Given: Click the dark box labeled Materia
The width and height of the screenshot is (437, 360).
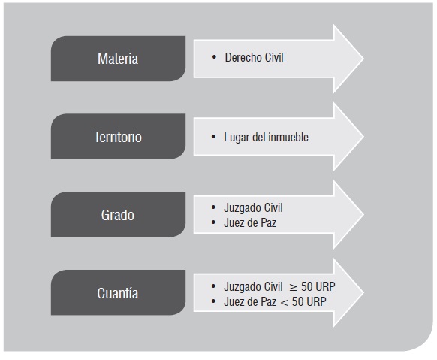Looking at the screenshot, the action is point(118,59).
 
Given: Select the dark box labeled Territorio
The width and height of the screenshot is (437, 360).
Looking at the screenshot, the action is point(118,136).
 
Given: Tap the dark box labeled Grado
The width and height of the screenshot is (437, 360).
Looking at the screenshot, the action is point(118,214).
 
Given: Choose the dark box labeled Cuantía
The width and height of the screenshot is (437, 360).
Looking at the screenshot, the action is point(118,292).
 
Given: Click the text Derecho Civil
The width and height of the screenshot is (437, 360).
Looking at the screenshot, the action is point(255,57).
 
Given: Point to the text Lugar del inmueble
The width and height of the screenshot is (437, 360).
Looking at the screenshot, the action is point(266,138).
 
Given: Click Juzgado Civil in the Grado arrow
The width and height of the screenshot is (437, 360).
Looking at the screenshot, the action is point(253,208).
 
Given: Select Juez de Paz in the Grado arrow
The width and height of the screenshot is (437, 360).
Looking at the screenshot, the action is point(250,222).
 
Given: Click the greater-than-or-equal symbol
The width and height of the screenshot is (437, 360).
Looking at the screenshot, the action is point(293,288).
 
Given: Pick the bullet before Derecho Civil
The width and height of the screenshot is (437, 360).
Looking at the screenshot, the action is point(214,57).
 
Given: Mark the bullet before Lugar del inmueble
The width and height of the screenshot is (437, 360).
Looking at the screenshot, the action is point(213,137).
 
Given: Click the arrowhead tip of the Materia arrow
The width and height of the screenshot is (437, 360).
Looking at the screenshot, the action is point(363,59).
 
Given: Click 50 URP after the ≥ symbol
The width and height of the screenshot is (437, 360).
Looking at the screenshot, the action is point(318,286).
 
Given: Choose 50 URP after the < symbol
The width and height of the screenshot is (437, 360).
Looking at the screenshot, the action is point(309,301).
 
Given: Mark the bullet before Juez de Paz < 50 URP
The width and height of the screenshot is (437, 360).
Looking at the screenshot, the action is point(213,301).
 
